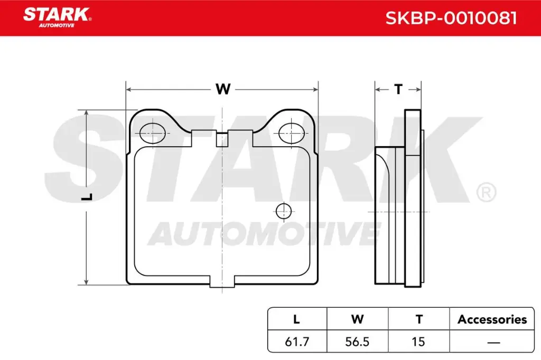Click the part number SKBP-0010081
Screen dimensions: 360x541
[x=451, y=18]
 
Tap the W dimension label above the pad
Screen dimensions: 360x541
[x=222, y=89]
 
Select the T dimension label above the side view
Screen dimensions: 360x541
[x=398, y=89]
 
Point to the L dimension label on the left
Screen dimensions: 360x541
[x=88, y=197]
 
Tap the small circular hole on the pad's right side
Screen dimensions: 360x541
[x=284, y=211]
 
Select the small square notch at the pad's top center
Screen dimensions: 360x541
[x=222, y=140]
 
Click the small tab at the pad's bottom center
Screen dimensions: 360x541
[x=222, y=283]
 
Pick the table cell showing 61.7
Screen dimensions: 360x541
[x=296, y=342]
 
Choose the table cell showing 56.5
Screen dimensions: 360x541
[x=357, y=342]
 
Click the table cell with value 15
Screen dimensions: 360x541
[x=418, y=342]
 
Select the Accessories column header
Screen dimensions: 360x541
[x=492, y=319]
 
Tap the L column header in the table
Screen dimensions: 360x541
[x=296, y=319]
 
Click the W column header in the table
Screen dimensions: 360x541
[x=357, y=319]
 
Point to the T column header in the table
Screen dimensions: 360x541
[x=418, y=319]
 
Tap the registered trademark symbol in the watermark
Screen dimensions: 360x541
[x=486, y=192]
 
